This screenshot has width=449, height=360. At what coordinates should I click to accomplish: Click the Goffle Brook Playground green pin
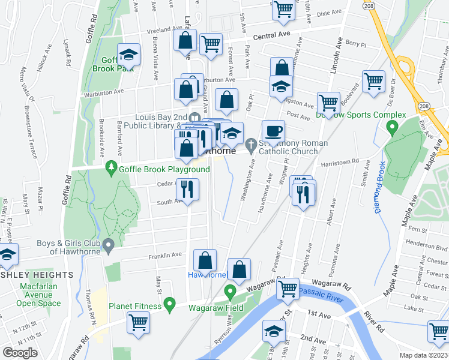[110, 166]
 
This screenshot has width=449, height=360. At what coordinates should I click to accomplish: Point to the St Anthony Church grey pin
[252, 143]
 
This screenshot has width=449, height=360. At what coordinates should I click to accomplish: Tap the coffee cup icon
[273, 130]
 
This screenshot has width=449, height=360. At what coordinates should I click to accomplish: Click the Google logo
[20, 352]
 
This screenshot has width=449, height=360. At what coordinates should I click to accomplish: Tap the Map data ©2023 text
[424, 355]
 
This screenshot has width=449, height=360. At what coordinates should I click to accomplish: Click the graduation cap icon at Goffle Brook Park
[128, 55]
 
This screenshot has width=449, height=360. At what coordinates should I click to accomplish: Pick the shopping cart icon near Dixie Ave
[284, 9]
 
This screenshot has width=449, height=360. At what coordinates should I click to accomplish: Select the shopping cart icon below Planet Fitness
[139, 322]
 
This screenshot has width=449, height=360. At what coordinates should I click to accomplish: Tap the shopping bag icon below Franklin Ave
[205, 260]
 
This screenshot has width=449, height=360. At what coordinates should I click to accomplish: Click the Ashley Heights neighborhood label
[37, 275]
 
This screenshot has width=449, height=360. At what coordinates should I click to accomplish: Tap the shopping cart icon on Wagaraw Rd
[288, 289]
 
